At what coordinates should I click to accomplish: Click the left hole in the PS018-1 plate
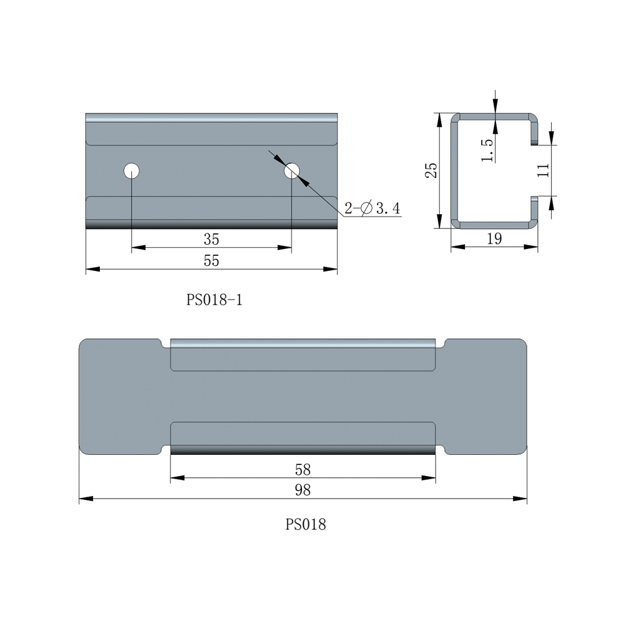pyautogui.click(x=132, y=171)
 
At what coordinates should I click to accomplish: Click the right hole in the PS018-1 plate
pyautogui.click(x=291, y=171)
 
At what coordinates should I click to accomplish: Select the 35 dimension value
pyautogui.click(x=212, y=239)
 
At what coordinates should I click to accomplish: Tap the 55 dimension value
pyautogui.click(x=212, y=261)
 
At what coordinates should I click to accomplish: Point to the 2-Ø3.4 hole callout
pyautogui.click(x=373, y=208)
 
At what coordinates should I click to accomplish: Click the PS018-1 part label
pyautogui.click(x=214, y=300)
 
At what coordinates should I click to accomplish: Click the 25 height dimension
pyautogui.click(x=431, y=170)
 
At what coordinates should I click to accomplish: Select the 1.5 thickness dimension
pyautogui.click(x=487, y=150)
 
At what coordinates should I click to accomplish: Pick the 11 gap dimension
pyautogui.click(x=544, y=170)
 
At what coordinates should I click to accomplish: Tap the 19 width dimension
pyautogui.click(x=494, y=239)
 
